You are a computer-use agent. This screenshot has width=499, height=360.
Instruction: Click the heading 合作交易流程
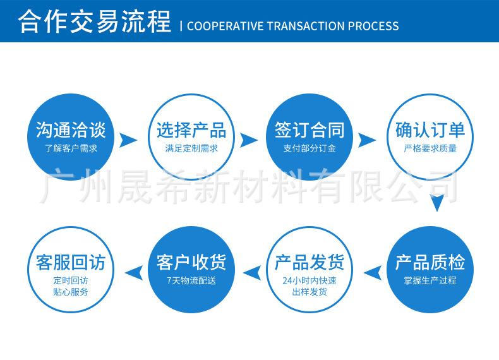tap(95, 21)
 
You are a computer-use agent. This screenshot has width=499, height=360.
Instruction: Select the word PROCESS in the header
tap(373, 26)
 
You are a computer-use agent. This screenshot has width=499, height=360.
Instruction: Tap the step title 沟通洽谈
tap(71, 130)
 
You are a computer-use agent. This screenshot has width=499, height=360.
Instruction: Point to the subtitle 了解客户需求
tap(71, 149)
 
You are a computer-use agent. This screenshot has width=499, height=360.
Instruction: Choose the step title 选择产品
tap(191, 130)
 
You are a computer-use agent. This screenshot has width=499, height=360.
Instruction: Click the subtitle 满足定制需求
tap(191, 149)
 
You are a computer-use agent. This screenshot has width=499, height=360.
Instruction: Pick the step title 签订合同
tap(310, 130)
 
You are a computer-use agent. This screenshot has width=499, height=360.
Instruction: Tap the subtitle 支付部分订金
tap(310, 149)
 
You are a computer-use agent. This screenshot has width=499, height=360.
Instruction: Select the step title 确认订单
tap(430, 130)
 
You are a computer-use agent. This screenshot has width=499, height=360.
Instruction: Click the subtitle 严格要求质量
tap(430, 149)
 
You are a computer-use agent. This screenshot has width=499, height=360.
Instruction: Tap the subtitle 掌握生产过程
tap(430, 280)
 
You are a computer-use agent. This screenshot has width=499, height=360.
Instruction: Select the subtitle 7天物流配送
tap(191, 280)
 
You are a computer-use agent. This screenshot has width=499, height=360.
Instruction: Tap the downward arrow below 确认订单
tap(436, 203)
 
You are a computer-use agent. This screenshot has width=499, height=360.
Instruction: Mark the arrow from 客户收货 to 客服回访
tap(133, 272)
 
